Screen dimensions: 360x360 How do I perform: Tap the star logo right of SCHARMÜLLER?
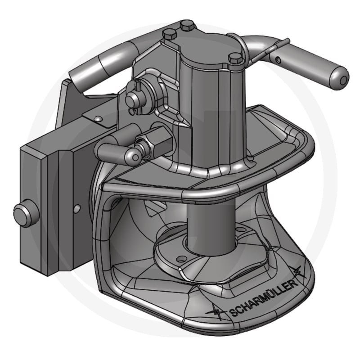[x=297, y=272]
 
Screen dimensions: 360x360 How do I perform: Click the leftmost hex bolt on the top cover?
[x=169, y=34]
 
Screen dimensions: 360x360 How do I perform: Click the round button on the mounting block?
[x=22, y=212]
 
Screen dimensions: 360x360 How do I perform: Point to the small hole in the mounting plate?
[x=76, y=208]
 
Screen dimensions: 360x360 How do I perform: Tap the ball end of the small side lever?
[x=132, y=155]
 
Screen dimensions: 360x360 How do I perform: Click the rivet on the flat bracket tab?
[x=97, y=117]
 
